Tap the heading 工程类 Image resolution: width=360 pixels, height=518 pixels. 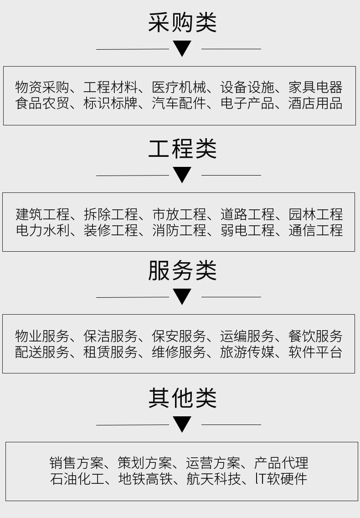[182, 149]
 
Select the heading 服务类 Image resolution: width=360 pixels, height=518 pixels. [182, 271]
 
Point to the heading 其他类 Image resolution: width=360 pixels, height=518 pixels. [182, 398]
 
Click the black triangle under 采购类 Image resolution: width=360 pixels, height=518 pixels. [182, 48]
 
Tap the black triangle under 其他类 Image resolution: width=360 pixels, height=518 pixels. [182, 424]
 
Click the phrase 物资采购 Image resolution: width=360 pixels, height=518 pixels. [42, 87]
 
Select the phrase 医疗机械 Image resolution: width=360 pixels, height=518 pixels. [179, 87]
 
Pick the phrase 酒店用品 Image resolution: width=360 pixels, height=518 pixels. [315, 104]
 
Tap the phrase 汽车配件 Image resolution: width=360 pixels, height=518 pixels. [179, 104]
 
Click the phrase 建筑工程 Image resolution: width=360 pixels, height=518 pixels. [42, 214]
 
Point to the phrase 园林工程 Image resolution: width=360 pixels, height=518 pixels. [315, 214]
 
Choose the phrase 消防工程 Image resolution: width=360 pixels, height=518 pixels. [179, 230]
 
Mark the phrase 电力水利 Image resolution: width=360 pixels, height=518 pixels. [42, 230]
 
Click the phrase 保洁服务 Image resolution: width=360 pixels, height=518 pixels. [110, 337]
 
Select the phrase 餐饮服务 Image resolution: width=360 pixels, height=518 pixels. [315, 337]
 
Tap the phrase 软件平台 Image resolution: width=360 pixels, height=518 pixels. [315, 352]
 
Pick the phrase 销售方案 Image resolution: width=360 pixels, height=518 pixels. [77, 463]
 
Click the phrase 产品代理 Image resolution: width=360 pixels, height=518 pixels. [281, 463]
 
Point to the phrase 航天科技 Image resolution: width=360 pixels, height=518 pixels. [213, 479]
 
